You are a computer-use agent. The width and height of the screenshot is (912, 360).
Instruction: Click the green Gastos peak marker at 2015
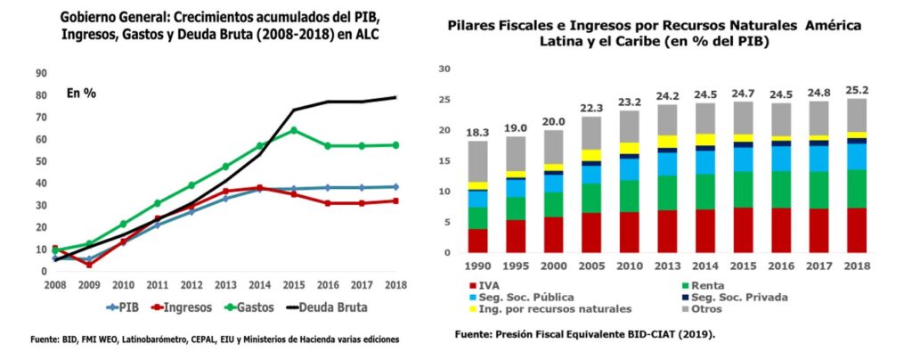[293, 130]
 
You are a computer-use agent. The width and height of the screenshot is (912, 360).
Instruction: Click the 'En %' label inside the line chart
[81, 93]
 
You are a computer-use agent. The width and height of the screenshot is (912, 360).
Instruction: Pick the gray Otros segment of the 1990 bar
[478, 161]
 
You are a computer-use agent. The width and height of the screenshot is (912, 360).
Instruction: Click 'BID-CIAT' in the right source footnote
[655, 333]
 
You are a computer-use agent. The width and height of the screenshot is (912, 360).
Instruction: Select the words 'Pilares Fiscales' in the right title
[506, 26]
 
